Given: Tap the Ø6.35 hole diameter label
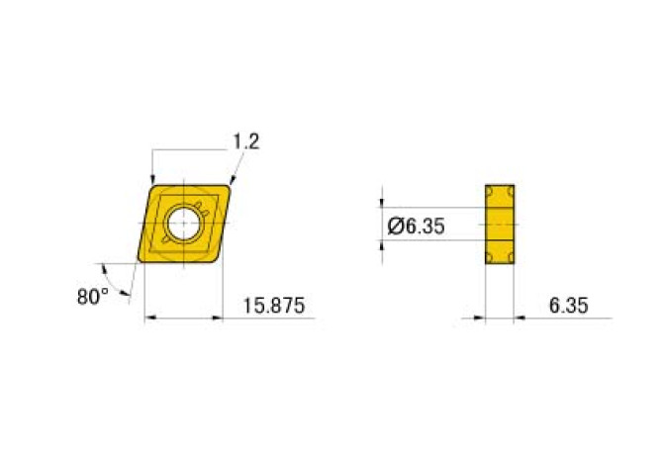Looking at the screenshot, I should (x=416, y=226).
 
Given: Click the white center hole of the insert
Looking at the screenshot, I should (x=183, y=225).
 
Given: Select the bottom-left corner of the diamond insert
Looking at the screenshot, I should (x=142, y=262).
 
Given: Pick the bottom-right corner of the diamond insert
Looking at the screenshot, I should (x=217, y=262).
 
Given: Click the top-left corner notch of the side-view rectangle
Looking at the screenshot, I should (x=489, y=189).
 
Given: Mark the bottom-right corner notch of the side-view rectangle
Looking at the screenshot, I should (x=512, y=260).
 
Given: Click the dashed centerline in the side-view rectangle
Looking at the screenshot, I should (x=501, y=225).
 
